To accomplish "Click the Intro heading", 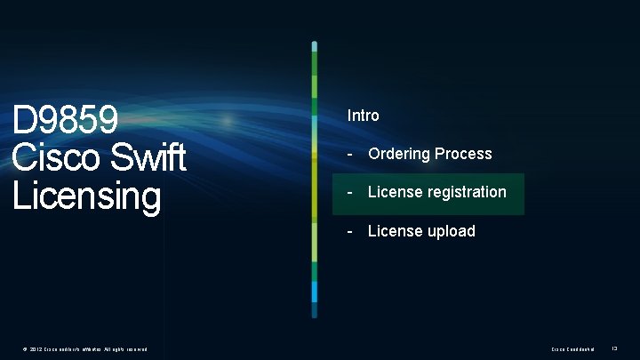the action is tap(363, 116).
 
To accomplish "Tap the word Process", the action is tap(463, 154).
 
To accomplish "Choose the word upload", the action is tap(452, 231).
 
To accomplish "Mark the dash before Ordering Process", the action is tap(351, 154).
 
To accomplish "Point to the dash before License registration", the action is tap(351, 192).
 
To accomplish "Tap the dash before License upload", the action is tap(351, 231).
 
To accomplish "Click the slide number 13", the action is tap(615, 348).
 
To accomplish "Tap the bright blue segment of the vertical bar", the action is tap(315, 291).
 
